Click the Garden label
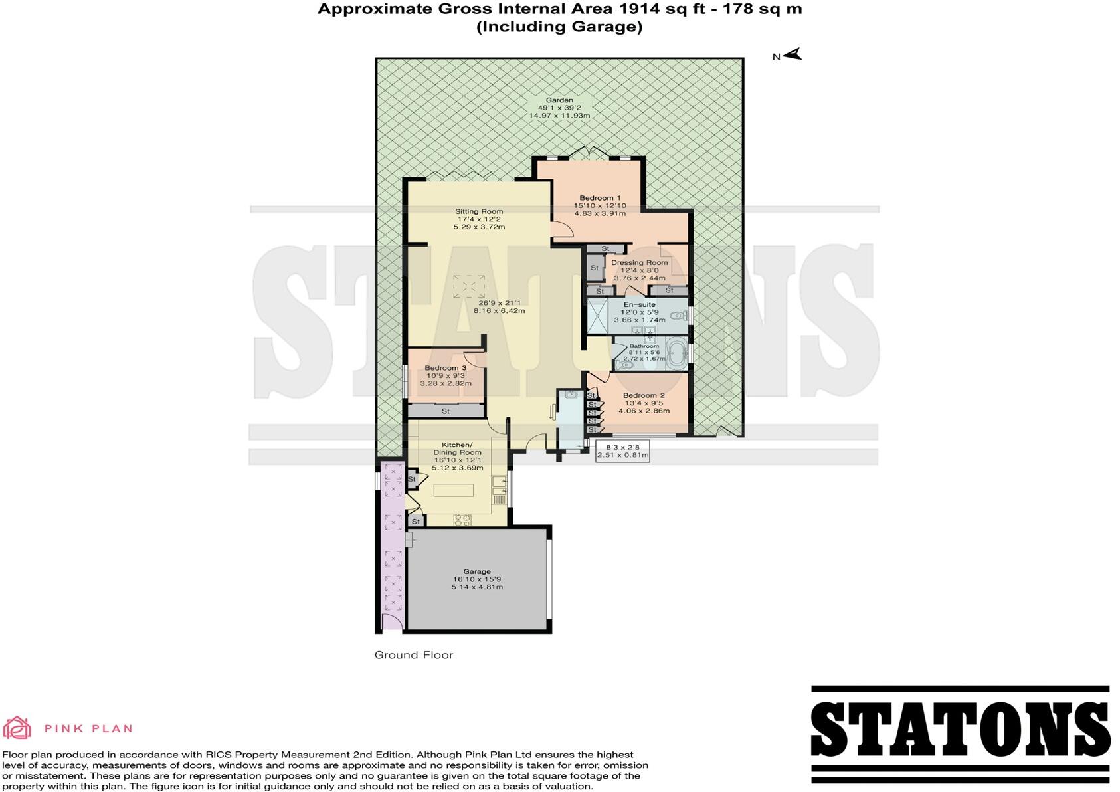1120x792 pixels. (559, 100)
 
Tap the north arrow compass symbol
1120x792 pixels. (792, 55)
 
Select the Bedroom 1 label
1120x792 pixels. (599, 198)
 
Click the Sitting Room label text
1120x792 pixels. (479, 211)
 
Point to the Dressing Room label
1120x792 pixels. (639, 262)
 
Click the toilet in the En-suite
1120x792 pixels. (679, 317)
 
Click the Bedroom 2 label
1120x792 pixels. (643, 395)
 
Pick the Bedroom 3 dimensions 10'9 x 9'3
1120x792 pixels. (445, 375)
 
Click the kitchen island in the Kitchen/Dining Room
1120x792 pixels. (454, 490)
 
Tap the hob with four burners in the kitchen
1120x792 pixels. (462, 520)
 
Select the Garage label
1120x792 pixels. (477, 571)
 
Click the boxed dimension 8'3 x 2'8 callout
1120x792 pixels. (622, 452)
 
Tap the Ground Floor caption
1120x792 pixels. (413, 654)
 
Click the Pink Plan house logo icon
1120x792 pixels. (17, 728)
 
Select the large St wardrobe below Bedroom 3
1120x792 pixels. (446, 411)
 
